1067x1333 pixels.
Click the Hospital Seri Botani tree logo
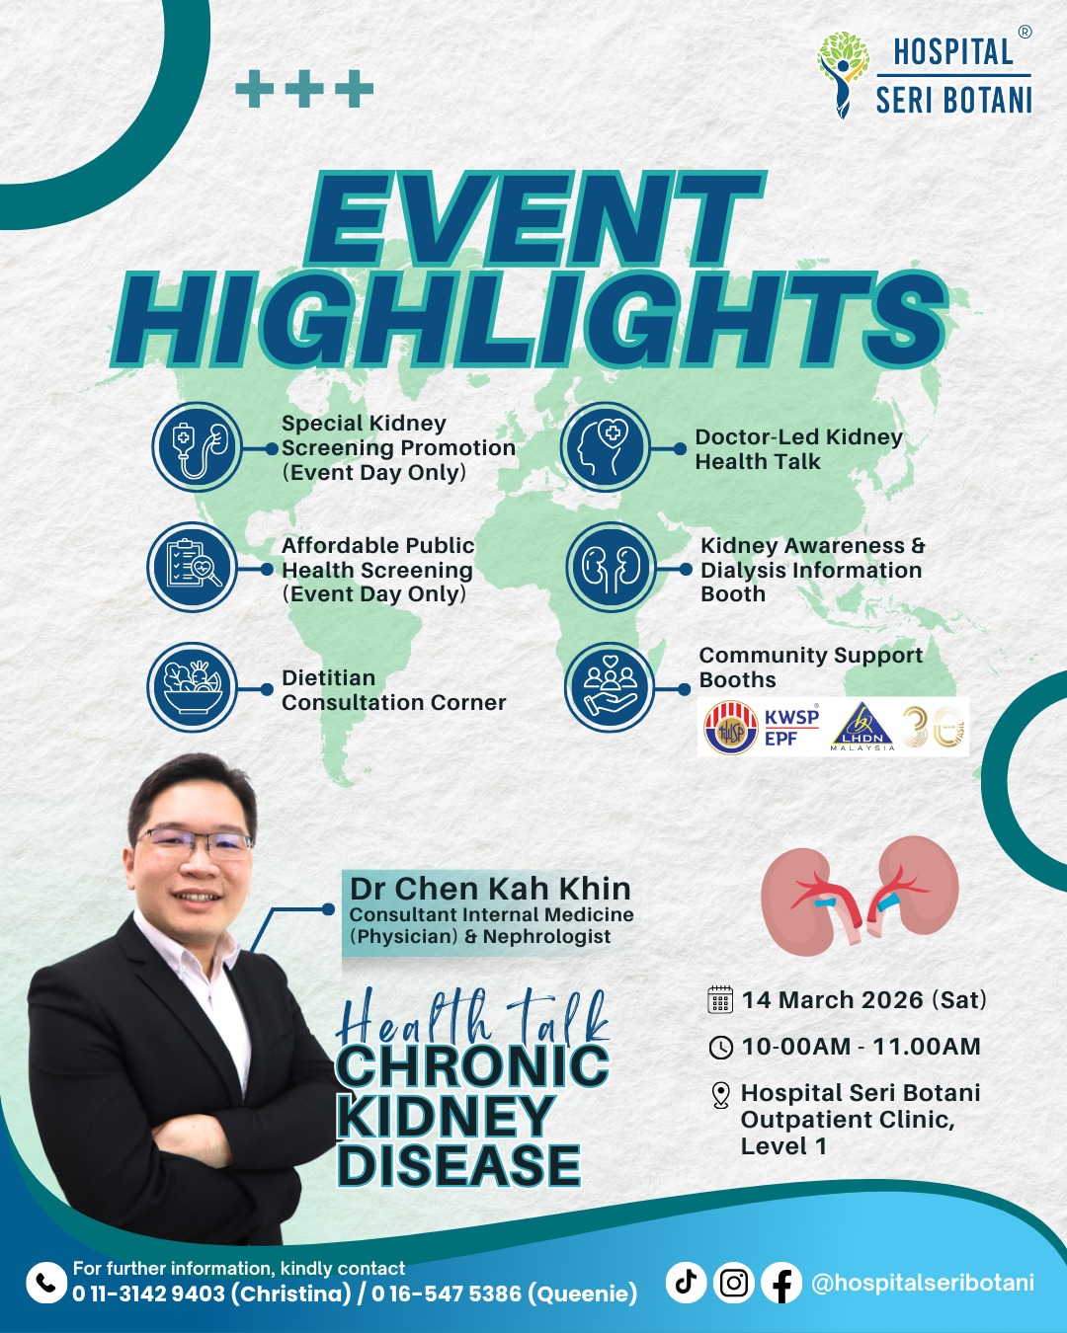[843, 74]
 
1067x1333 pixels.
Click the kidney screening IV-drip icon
[198, 446]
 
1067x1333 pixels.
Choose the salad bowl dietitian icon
[193, 687]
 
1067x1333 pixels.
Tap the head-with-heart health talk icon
[605, 446]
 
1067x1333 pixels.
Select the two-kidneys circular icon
[611, 567]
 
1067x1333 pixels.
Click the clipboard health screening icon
[193, 567]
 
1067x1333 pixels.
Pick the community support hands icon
[610, 687]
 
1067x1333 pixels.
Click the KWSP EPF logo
[762, 728]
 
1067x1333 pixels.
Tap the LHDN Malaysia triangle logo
[862, 727]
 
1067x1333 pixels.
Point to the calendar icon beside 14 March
[720, 999]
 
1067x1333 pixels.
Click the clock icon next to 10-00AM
[721, 1048]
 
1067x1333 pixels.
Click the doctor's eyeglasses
[194, 843]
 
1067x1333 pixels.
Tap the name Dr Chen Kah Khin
[490, 889]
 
